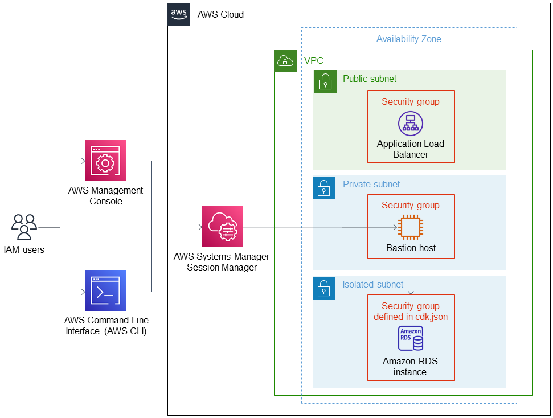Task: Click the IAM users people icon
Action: [x=24, y=227]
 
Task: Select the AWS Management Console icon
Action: [x=105, y=161]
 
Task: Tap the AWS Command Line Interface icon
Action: [x=105, y=290]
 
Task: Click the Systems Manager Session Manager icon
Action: [x=223, y=227]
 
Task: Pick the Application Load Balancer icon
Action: [x=410, y=123]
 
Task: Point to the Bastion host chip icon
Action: [x=410, y=228]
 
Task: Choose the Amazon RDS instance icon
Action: [x=411, y=339]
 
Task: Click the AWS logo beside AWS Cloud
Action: [x=179, y=14]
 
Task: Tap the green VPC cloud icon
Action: [x=285, y=60]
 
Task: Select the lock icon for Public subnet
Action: [x=325, y=81]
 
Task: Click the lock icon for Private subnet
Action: [x=324, y=187]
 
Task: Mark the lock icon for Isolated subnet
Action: [x=324, y=288]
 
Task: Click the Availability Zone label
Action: [x=408, y=39]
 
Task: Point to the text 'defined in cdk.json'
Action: [x=411, y=317]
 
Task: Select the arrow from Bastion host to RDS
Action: [x=411, y=276]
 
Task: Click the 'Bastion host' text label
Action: [x=411, y=248]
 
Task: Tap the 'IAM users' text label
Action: [x=24, y=249]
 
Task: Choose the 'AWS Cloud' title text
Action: [x=220, y=14]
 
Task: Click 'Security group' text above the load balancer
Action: [x=410, y=102]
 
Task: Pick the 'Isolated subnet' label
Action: [x=372, y=284]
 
